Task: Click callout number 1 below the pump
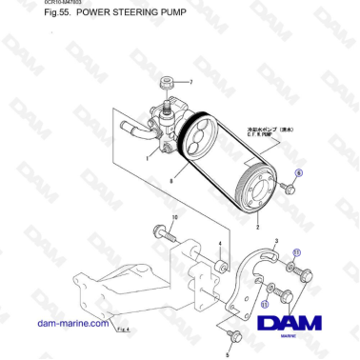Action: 148,158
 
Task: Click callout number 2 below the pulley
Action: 257,228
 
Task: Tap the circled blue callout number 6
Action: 297,173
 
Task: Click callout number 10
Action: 173,219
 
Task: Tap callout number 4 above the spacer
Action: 219,244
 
